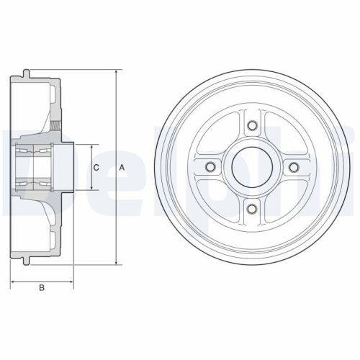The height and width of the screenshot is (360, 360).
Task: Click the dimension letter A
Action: click(x=122, y=167)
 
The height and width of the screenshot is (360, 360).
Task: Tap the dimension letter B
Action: click(x=42, y=289)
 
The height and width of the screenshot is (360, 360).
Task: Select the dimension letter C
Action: click(x=96, y=167)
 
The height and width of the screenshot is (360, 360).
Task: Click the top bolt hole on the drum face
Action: click(x=252, y=127)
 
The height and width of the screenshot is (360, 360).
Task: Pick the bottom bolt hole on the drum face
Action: click(x=252, y=210)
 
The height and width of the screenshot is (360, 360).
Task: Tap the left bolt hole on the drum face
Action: click(x=210, y=168)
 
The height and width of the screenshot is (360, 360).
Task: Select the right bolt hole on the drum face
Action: click(x=294, y=168)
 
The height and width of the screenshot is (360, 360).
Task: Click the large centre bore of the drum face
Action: click(x=252, y=168)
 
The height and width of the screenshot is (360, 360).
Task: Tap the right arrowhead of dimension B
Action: click(x=72, y=280)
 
